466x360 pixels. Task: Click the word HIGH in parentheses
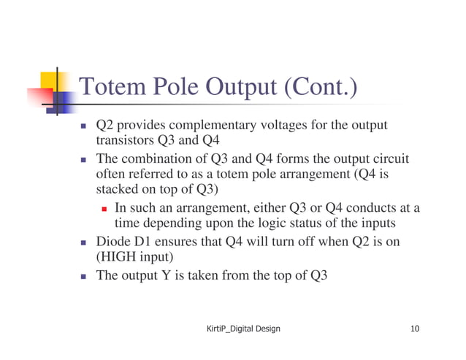coord(118,257)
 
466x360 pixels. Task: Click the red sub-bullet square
coord(104,209)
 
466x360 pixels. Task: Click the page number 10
coord(415,329)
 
